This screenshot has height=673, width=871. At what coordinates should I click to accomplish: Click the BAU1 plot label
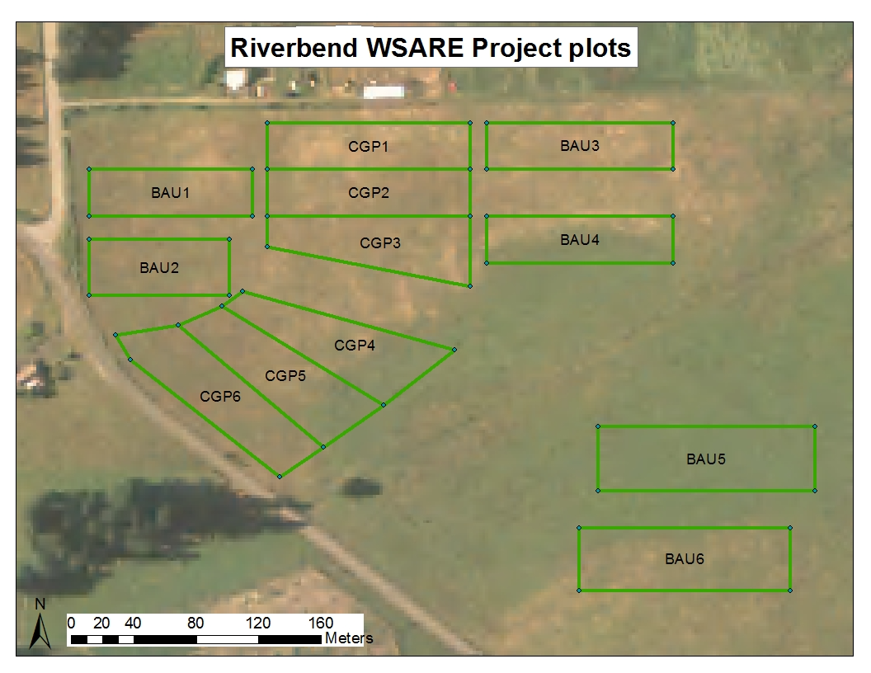(170, 193)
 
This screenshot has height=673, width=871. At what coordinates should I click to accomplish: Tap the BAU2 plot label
(159, 268)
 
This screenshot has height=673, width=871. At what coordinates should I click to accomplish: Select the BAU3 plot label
(579, 145)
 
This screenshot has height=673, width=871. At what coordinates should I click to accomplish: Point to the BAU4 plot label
(579, 240)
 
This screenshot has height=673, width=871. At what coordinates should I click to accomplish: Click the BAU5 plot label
(705, 459)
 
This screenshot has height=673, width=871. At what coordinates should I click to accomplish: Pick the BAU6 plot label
(685, 558)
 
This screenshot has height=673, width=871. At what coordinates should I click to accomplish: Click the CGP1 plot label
(368, 146)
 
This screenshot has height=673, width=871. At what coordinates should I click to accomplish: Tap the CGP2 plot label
(369, 193)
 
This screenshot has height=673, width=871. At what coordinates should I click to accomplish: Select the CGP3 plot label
(380, 242)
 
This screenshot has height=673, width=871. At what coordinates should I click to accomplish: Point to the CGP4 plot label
(355, 346)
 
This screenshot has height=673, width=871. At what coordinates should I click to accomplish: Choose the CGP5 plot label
(285, 376)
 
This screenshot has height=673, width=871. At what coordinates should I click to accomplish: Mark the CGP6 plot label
(220, 396)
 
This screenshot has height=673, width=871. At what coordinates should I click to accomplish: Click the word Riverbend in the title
(294, 48)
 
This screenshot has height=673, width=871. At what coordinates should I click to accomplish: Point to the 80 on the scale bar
(195, 623)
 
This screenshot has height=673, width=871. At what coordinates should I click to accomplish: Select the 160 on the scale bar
(321, 623)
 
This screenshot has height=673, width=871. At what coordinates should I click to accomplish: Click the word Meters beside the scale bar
(349, 638)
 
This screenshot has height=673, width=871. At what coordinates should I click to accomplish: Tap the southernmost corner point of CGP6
(280, 477)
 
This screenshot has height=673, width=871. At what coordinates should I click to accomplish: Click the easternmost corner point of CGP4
(454, 350)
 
